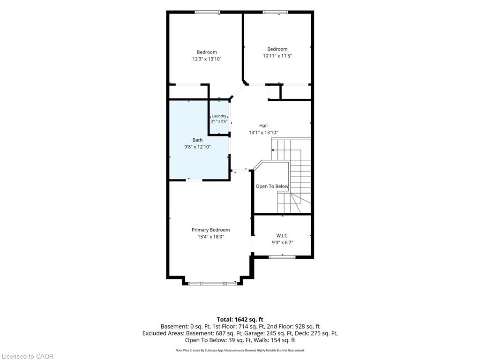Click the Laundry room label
click(219, 116)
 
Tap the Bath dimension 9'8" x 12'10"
click(197, 147)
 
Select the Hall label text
click(263, 126)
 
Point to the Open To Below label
click(272, 186)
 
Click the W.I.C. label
click(282, 236)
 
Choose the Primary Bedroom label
click(210, 230)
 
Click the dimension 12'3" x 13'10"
click(207, 59)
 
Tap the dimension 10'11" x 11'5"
click(277, 56)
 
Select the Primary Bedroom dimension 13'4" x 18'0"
click(210, 237)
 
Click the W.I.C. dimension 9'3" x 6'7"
click(282, 243)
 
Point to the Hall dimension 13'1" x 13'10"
click(263, 133)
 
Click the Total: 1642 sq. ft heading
click(240, 320)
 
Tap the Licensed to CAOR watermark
click(27, 356)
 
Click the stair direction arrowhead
click(272, 150)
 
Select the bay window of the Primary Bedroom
click(211, 284)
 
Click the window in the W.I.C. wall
click(282, 257)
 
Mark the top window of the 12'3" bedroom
click(208, 12)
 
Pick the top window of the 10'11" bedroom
click(275, 12)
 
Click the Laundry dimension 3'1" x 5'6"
click(219, 121)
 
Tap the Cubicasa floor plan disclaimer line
click(240, 350)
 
